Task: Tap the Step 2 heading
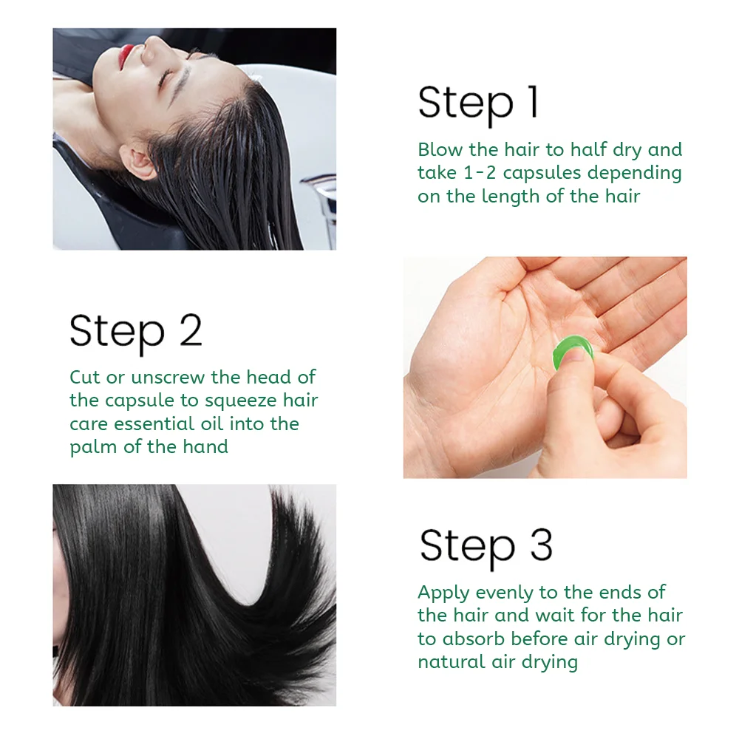136,332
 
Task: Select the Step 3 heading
486,547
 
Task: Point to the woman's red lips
126,55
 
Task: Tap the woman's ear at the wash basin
137,162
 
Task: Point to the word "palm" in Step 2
93,448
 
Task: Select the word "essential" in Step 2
154,423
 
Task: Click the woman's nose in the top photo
151,45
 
